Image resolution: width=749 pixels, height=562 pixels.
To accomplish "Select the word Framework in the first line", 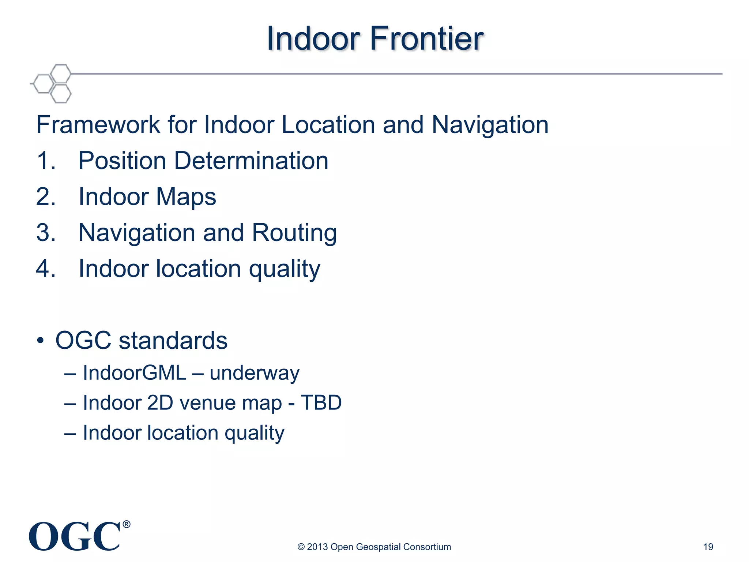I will [98, 125].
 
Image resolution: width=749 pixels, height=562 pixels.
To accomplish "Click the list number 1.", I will [46, 161].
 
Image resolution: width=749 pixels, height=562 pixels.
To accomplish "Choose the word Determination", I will [251, 161].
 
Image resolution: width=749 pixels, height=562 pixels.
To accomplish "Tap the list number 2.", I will [46, 196].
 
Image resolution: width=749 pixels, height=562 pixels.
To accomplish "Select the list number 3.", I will [46, 232].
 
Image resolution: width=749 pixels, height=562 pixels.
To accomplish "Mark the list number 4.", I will [46, 268].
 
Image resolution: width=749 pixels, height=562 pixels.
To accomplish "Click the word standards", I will [173, 341].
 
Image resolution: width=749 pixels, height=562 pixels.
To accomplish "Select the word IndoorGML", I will [135, 373].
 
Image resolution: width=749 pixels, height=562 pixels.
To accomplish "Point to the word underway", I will [255, 373].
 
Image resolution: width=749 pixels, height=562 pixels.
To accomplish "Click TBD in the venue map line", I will [321, 403].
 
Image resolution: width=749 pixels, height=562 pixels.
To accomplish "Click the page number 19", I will [708, 547].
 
